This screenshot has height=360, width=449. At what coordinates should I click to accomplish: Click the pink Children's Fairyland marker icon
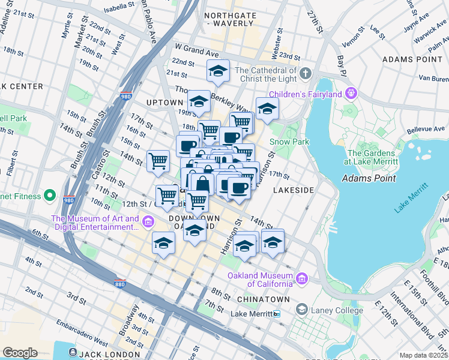point(351,94)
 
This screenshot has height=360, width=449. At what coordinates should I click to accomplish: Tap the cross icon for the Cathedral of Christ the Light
point(306,74)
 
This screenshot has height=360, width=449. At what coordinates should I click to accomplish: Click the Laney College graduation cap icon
point(301,310)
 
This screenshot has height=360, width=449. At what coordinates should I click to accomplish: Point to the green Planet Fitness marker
point(50,196)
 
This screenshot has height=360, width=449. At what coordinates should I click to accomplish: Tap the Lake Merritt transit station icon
point(276,314)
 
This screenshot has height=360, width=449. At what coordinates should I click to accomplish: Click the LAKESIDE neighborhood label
point(294,190)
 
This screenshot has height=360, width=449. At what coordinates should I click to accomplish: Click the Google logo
point(20,353)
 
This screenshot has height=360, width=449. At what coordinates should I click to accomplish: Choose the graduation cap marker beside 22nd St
point(218,71)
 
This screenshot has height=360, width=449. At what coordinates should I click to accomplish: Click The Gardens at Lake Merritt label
point(372,157)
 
